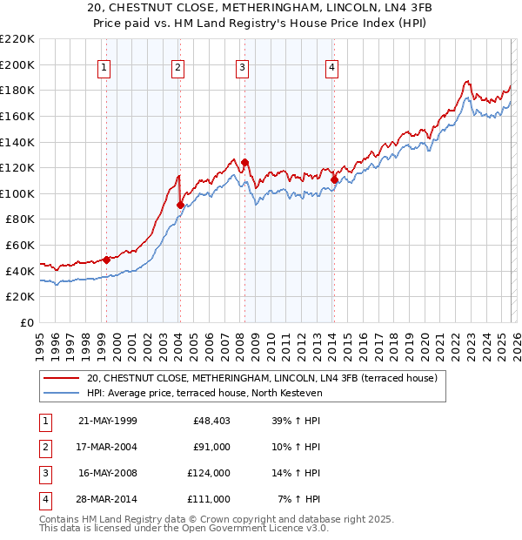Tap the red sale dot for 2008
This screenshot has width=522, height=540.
244,162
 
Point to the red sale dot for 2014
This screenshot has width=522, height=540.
334,179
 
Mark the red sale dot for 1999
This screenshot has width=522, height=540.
106,260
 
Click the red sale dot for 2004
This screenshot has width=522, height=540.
180,205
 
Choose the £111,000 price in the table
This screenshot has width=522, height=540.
210,500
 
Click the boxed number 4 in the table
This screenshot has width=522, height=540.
44,500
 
